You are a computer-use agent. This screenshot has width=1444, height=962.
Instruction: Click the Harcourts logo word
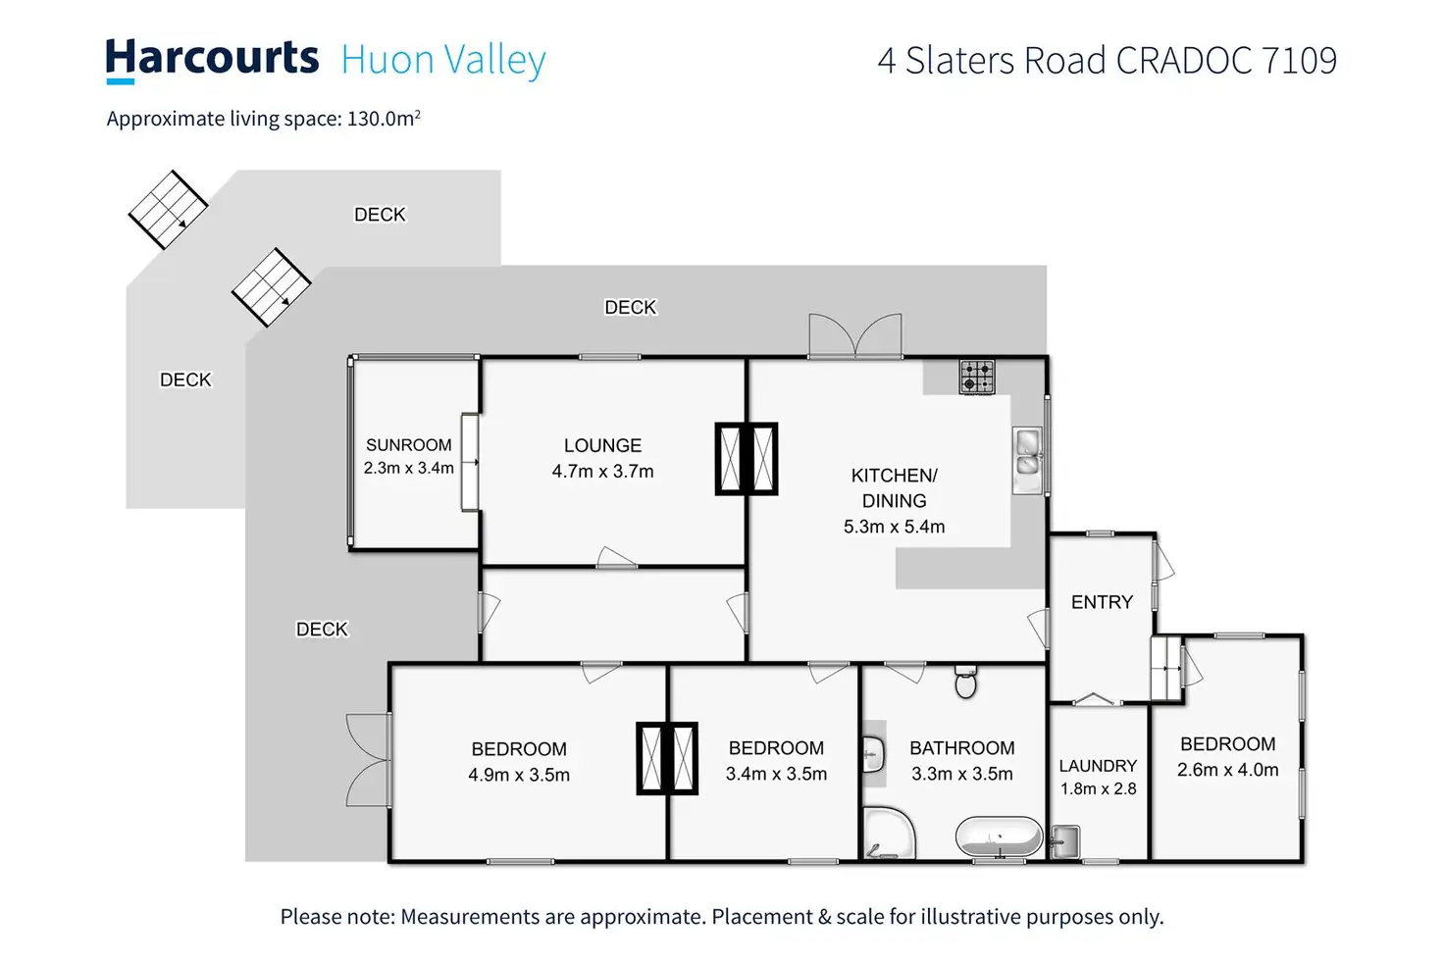click(212, 59)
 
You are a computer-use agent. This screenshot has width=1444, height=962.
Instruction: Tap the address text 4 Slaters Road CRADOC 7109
click(1107, 61)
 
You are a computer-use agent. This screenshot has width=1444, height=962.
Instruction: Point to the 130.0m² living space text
click(384, 119)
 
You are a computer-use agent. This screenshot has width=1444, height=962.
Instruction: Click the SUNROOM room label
click(409, 445)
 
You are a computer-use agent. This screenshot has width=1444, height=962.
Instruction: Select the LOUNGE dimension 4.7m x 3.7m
click(602, 472)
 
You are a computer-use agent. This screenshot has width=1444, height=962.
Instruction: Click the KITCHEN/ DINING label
click(894, 487)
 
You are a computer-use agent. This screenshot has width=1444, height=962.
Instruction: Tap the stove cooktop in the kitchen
click(976, 377)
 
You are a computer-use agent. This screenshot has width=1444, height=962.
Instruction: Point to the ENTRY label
click(1102, 602)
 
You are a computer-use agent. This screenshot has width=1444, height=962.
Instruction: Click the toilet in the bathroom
click(966, 683)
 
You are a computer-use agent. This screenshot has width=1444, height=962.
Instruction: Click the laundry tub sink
click(1065, 841)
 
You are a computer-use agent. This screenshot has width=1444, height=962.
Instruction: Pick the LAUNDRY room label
click(1098, 766)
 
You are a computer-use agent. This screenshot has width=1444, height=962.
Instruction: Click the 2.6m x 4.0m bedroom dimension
click(1227, 770)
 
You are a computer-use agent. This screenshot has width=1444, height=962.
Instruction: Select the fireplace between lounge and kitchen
click(746, 458)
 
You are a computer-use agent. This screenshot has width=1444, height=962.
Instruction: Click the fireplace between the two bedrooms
click(667, 758)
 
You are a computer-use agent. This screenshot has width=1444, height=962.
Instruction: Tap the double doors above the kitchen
click(854, 336)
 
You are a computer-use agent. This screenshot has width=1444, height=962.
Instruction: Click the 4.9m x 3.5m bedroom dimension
click(519, 775)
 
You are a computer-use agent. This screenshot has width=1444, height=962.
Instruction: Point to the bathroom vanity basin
click(873, 755)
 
